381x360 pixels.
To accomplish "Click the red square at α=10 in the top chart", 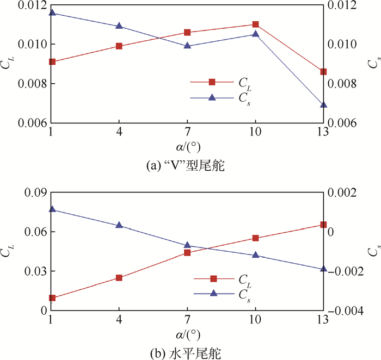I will [x=255, y=24].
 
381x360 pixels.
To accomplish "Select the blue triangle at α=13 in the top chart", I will [x=323, y=104].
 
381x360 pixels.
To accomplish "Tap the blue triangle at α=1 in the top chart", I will [x=52, y=12].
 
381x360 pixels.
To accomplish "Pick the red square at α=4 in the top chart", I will [x=119, y=46].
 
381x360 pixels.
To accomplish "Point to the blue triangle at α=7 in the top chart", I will [x=187, y=46].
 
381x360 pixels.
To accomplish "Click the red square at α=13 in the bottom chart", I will [x=323, y=225].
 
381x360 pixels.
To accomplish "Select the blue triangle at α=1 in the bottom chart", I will [x=52, y=209].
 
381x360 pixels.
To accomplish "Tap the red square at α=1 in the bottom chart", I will [x=52, y=298].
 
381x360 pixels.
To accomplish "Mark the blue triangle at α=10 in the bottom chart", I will [x=255, y=255].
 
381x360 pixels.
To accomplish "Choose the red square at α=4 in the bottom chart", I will [x=119, y=278].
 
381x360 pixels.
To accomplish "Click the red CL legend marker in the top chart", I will [x=212, y=82].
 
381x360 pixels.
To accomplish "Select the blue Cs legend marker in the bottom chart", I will [x=213, y=293].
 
